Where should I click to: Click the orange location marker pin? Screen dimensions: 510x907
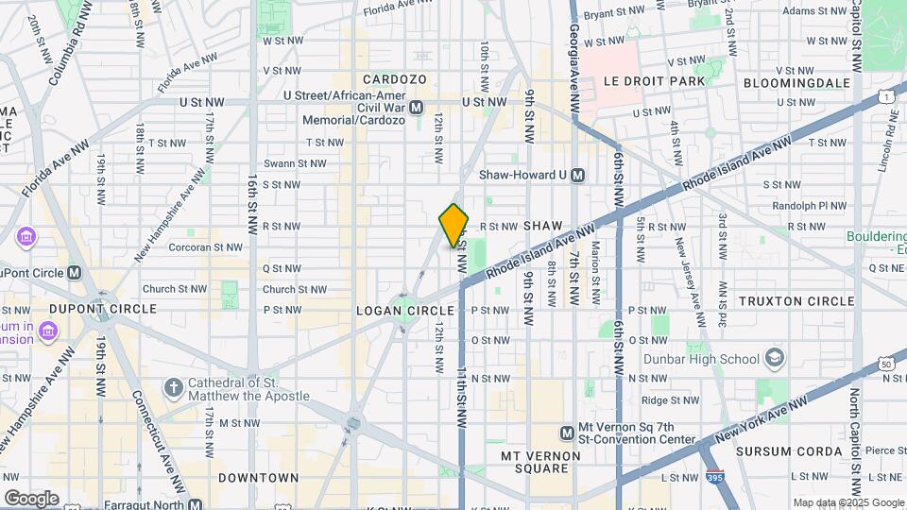(x=453, y=226)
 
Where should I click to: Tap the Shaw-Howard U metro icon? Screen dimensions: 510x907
(x=578, y=175)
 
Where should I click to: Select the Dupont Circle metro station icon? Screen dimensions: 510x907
(x=74, y=273)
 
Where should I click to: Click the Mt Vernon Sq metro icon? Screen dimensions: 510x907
(x=567, y=433)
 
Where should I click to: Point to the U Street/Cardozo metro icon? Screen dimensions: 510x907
(x=416, y=108)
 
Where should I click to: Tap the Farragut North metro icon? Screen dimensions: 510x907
(x=194, y=504)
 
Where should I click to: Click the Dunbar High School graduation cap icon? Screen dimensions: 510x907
(x=775, y=358)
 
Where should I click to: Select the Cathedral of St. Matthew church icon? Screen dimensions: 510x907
(x=173, y=388)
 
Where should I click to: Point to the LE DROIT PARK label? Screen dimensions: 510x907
(x=656, y=81)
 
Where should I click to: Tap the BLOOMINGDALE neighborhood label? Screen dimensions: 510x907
(x=797, y=82)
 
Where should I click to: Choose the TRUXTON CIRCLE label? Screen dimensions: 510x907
(x=796, y=301)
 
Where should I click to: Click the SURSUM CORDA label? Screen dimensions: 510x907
(x=790, y=451)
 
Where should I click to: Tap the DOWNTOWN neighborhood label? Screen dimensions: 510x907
(x=259, y=478)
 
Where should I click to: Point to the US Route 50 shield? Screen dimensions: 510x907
(x=885, y=363)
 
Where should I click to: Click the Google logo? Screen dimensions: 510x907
(x=31, y=498)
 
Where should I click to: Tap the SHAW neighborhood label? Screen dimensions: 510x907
(x=543, y=226)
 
